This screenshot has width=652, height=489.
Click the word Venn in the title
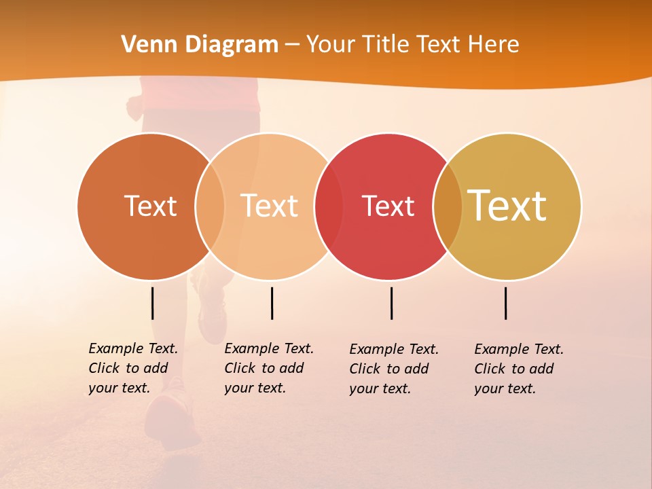pyautogui.click(x=145, y=44)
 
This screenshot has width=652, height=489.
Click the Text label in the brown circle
pyautogui.click(x=150, y=206)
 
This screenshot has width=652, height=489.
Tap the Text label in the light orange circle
pyautogui.click(x=270, y=206)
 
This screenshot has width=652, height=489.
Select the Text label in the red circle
pyautogui.click(x=388, y=206)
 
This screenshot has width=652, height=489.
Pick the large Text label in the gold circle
pyautogui.click(x=507, y=205)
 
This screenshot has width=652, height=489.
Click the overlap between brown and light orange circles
pyautogui.click(x=210, y=206)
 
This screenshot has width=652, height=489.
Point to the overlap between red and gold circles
pyautogui.click(x=448, y=206)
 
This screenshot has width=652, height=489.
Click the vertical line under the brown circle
pyautogui.click(x=153, y=303)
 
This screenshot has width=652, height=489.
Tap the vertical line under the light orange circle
pyautogui.click(x=272, y=303)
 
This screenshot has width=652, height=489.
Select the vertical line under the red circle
pyautogui.click(x=392, y=303)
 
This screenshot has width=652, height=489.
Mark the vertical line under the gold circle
pyautogui.click(x=506, y=303)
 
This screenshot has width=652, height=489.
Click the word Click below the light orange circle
pyautogui.click(x=240, y=368)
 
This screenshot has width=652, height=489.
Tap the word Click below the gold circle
pyautogui.click(x=490, y=369)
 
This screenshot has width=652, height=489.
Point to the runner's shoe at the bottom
pyautogui.click(x=170, y=414)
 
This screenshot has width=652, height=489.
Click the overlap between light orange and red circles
pyautogui.click(x=329, y=206)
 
